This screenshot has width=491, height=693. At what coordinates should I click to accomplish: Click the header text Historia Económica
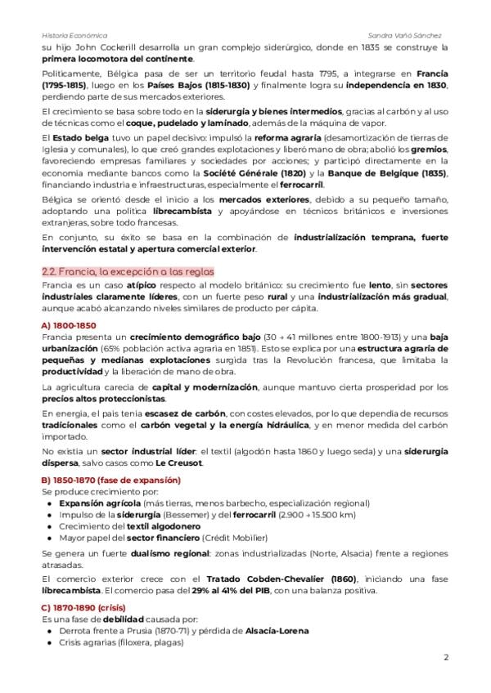click(74, 36)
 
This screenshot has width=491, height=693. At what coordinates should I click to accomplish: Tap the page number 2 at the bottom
click(446, 657)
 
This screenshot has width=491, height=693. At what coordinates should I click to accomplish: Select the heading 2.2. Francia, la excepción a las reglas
click(127, 270)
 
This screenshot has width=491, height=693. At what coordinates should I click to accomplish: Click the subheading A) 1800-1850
click(68, 325)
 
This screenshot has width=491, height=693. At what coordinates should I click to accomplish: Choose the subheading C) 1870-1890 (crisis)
click(87, 608)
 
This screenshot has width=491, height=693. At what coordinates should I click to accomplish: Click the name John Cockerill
click(95, 47)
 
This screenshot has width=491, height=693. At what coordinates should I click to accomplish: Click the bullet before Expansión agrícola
click(50, 503)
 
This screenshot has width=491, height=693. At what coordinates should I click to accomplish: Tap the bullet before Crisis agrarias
click(50, 642)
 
